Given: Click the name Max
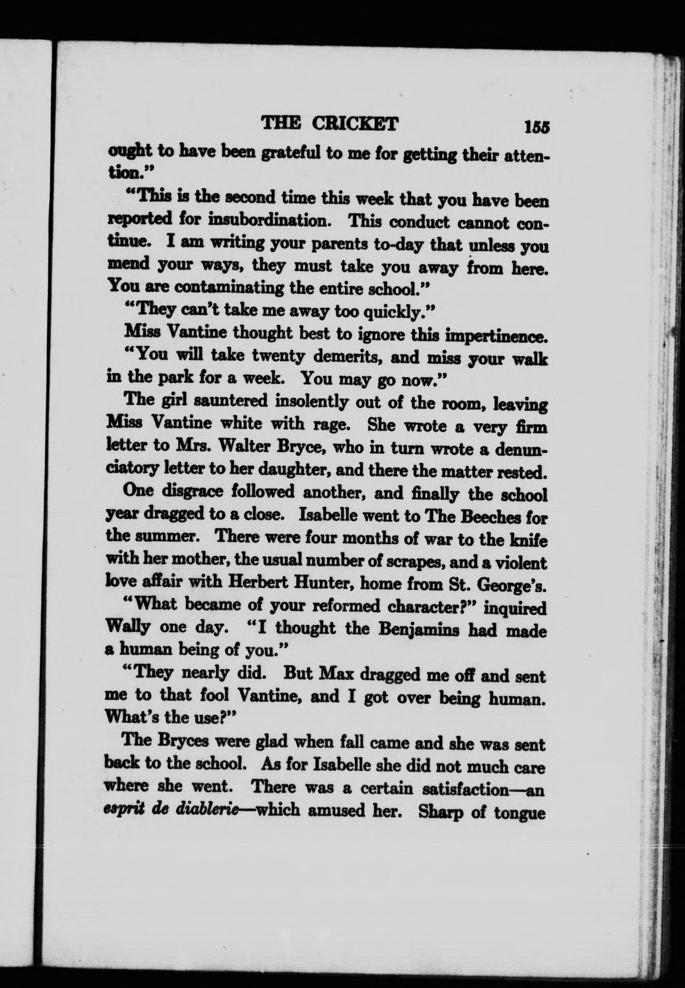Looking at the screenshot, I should [x=335, y=674].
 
